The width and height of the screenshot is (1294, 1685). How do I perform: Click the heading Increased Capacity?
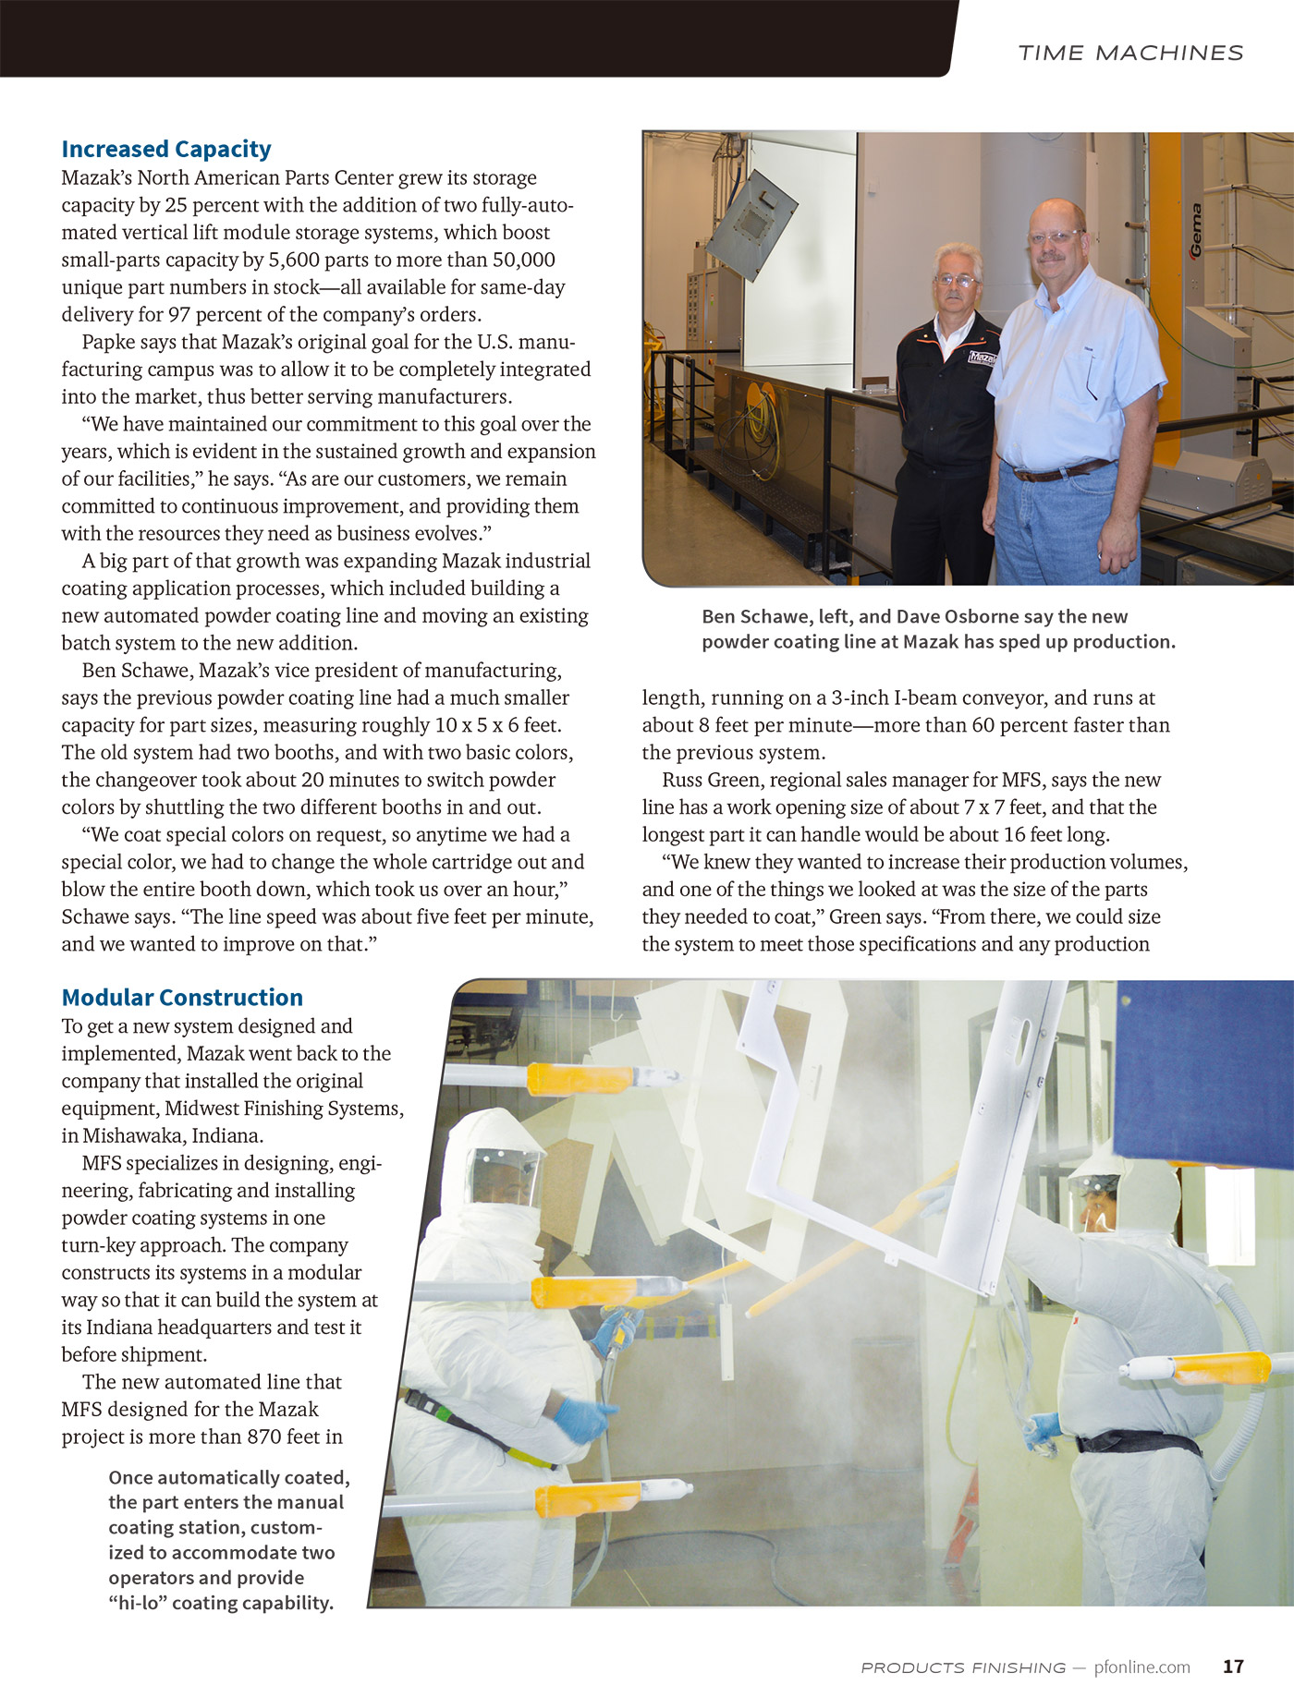(166, 149)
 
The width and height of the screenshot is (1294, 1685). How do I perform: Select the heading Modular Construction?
(182, 998)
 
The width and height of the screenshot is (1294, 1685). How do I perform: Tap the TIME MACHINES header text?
(1130, 53)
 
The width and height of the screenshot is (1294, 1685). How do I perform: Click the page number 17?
(1233, 1667)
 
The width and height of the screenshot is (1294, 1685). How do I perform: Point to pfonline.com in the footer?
(1141, 1667)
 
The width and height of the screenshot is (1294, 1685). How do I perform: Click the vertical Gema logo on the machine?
(1196, 230)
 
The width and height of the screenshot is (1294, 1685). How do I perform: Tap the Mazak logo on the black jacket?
(982, 357)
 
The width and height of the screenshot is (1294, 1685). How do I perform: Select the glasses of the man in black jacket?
(957, 280)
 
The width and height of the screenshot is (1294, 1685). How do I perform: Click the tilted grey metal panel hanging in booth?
(750, 224)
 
